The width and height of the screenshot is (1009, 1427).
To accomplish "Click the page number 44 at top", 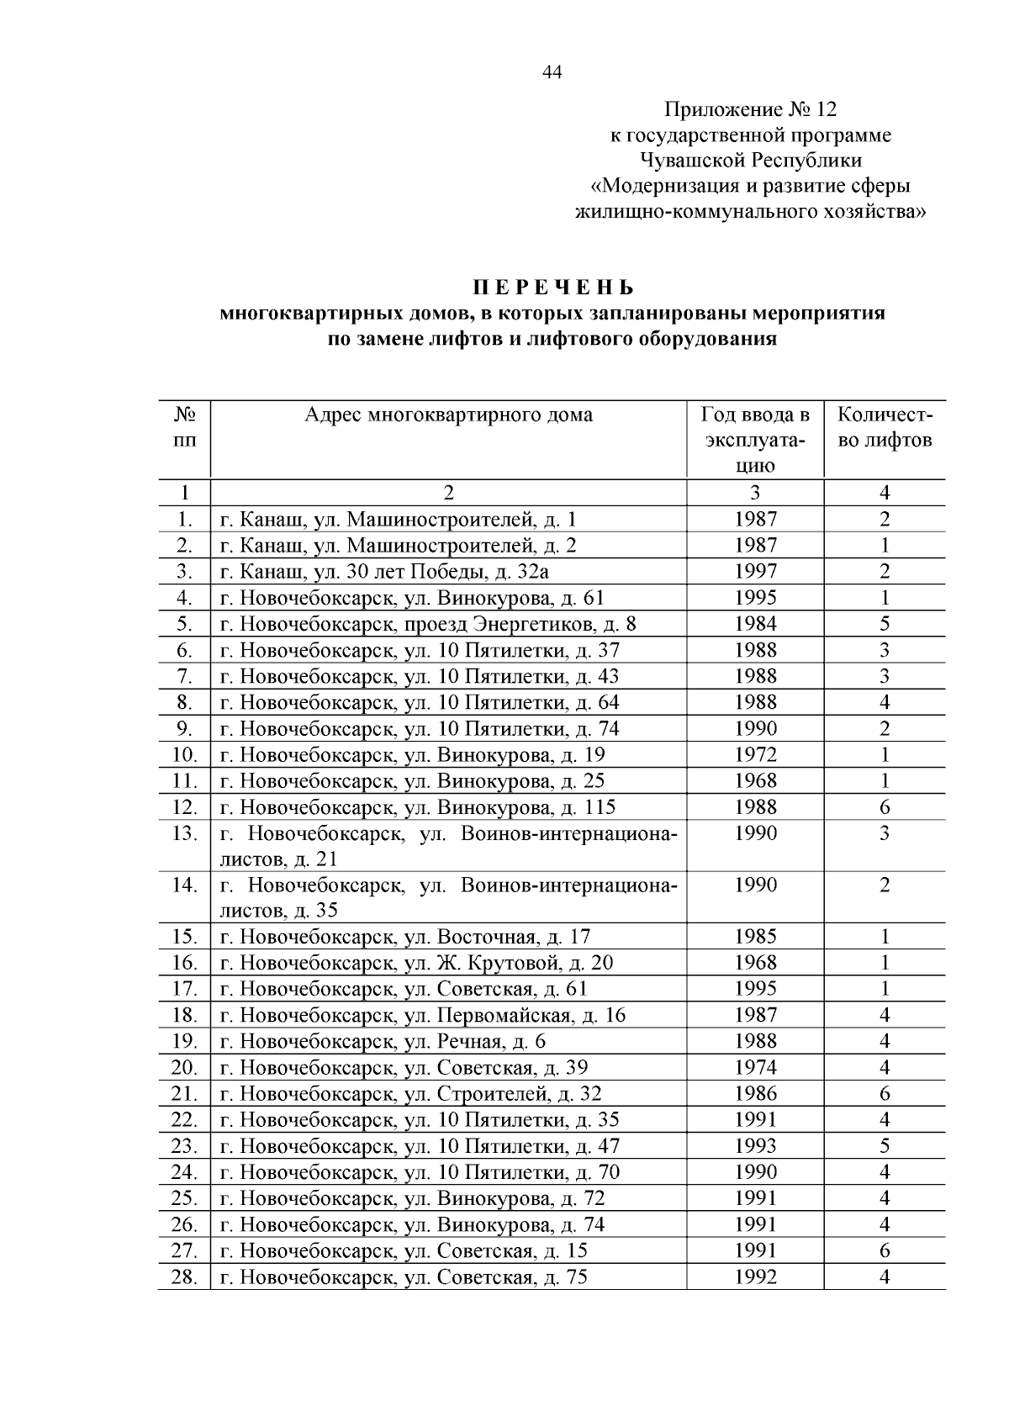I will coord(552,72).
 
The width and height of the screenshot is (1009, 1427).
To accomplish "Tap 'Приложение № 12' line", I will coord(750,109).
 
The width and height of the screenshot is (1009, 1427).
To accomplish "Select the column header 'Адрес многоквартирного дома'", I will coord(448,415).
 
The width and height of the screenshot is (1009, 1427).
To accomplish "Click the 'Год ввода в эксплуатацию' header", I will coord(754,440).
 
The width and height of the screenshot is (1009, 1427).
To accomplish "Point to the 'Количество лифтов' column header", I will coord(885,427).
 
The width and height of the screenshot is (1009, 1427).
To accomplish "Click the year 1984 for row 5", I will coord(755,624).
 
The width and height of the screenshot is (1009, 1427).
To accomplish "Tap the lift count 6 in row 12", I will coord(885,807).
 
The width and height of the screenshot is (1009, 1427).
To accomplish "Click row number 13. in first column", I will coord(184,833).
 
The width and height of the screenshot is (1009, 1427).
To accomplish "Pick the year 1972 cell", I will coord(755,755).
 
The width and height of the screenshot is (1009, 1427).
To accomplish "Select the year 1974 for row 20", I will coord(755,1068).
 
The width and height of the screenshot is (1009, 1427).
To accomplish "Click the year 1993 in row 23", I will coord(755,1146).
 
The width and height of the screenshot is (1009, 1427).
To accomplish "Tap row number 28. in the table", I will coord(184,1277).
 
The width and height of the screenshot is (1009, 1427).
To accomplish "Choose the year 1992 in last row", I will coord(755,1277).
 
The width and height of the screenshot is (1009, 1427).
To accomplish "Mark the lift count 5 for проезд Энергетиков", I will coord(885,624).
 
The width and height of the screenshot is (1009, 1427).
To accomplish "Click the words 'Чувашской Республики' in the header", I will coord(750,160).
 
